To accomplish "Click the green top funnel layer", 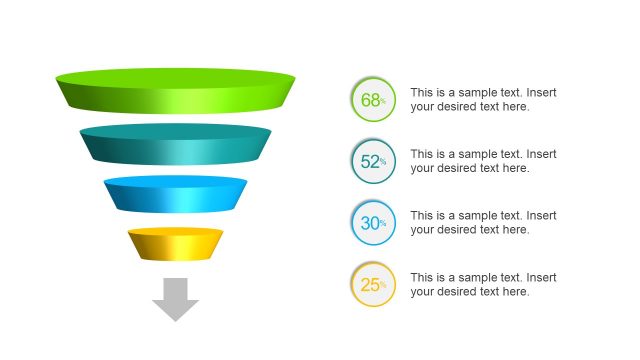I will (176, 89).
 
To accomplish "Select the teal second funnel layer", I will (176, 144).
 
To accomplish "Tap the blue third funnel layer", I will (176, 194).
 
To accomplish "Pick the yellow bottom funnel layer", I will (176, 244).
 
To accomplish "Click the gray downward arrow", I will (176, 299).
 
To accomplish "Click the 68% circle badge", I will (373, 100).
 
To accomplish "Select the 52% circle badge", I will (373, 161).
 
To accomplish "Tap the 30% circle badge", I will (373, 223).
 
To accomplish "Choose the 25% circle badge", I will (373, 285).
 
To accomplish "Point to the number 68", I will (369, 100).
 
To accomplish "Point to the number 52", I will (369, 161).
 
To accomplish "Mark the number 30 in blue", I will (369, 223).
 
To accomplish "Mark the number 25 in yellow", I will (369, 285).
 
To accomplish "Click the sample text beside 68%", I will (483, 99).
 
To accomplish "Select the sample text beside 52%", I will (483, 161).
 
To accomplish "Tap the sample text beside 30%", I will (483, 222).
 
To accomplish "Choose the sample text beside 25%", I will (483, 284).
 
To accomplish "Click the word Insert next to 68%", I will (541, 92).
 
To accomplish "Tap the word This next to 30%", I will (422, 215).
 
